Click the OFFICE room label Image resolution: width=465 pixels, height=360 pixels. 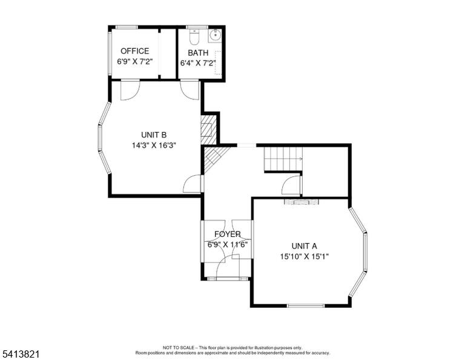[134, 51]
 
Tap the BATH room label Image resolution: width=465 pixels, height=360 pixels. [198, 53]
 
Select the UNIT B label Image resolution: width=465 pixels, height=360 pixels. [154, 135]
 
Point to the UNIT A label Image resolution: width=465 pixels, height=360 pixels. [305, 246]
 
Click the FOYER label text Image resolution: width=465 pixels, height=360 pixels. [228, 234]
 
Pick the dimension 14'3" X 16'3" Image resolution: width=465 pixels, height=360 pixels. [154, 145]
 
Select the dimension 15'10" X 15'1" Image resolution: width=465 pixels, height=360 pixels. [305, 256]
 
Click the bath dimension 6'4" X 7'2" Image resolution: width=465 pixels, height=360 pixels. [198, 63]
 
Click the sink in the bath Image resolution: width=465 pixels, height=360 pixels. [215, 35]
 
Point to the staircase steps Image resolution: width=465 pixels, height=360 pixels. [283, 159]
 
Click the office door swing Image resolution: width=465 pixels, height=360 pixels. [131, 90]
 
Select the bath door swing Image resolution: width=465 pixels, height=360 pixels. [190, 90]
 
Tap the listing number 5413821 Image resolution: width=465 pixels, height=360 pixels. [21, 354]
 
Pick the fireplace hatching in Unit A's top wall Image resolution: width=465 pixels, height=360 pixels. [302, 202]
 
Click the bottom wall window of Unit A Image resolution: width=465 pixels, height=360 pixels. [306, 305]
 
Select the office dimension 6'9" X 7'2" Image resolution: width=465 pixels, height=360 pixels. [134, 62]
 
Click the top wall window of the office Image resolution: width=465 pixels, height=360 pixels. [127, 27]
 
